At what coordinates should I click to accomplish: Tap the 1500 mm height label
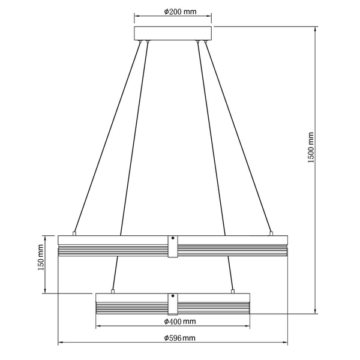pos(311,148)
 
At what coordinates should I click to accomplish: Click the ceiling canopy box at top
pos(173,32)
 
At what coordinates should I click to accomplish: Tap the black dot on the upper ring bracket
pos(173,239)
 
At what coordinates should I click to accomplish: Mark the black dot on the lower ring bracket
pos(173,296)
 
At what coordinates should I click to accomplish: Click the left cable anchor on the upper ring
pos(74,232)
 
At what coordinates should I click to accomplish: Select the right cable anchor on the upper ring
pos(271,232)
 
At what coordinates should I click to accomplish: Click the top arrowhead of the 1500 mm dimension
pos(317,28)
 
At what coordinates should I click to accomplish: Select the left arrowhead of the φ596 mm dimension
pos(59,343)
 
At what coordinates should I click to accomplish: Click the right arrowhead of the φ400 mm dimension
pos(247,327)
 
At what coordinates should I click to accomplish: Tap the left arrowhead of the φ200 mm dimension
pos(136,16)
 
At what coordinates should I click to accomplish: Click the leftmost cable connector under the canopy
pos(140,41)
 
